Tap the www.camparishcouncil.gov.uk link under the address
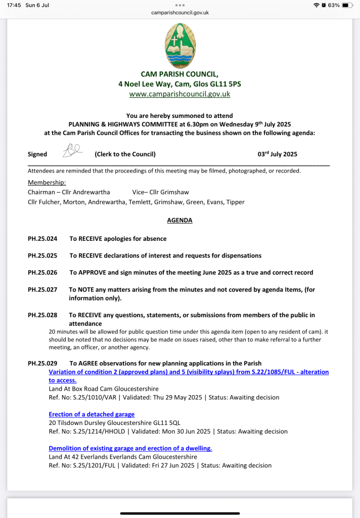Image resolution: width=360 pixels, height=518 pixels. [180, 94]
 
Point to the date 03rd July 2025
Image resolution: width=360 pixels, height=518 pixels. [277, 154]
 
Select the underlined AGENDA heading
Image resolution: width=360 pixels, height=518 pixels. [179, 221]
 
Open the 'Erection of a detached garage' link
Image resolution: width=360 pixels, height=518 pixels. [92, 414]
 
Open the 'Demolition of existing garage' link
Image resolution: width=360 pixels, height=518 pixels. [130, 448]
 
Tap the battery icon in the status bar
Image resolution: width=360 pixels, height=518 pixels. [347, 5]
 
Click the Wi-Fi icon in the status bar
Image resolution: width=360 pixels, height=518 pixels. [317, 5]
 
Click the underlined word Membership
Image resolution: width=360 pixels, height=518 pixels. [47, 182]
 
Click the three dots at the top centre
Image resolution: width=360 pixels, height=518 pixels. [180, 4]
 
